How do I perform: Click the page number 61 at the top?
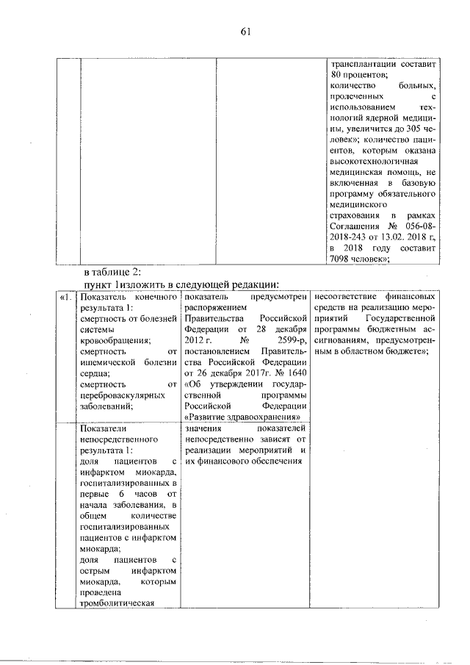[246, 30]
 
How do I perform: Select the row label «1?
[66, 296]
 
